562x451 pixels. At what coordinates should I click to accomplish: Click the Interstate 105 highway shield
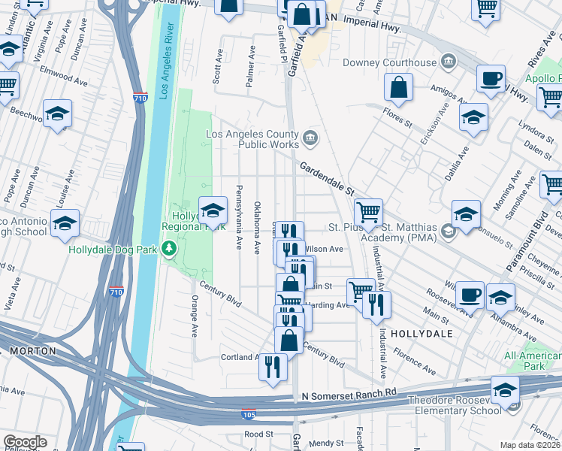(x=249, y=413)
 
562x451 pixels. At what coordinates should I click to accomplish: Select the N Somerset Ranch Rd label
(x=349, y=394)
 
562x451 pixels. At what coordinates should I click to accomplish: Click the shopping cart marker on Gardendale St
(x=368, y=213)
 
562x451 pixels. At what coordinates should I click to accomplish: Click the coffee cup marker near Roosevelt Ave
(x=470, y=294)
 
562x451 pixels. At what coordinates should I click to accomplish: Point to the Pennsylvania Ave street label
(x=239, y=217)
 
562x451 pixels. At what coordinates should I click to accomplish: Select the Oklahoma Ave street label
(x=257, y=226)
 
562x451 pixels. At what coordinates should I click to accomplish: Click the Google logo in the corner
(x=25, y=442)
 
